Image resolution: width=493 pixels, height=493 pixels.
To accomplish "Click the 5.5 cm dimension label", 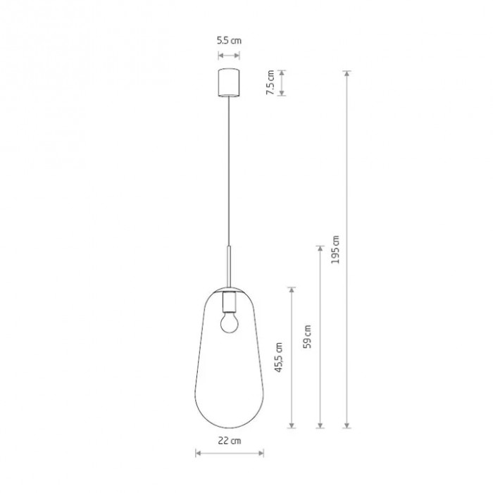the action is pyautogui.click(x=229, y=41).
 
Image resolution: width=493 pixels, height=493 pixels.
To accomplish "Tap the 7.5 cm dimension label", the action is pyautogui.click(x=270, y=82).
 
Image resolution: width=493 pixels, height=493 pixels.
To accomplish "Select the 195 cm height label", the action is pyautogui.click(x=335, y=249).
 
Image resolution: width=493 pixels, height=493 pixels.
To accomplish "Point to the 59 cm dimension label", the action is pyautogui.click(x=307, y=337).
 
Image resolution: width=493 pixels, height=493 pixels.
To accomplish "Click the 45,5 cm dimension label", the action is pyautogui.click(x=279, y=357).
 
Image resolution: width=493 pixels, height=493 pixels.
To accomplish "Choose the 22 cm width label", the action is pyautogui.click(x=230, y=440).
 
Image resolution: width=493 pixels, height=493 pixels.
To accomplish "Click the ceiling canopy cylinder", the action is pyautogui.click(x=229, y=82).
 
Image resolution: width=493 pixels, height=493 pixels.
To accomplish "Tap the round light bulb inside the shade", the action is pyautogui.click(x=229, y=323).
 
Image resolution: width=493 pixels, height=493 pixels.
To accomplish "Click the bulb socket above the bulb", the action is pyautogui.click(x=229, y=302).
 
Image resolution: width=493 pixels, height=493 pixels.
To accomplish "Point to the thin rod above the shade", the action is pyautogui.click(x=229, y=267).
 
